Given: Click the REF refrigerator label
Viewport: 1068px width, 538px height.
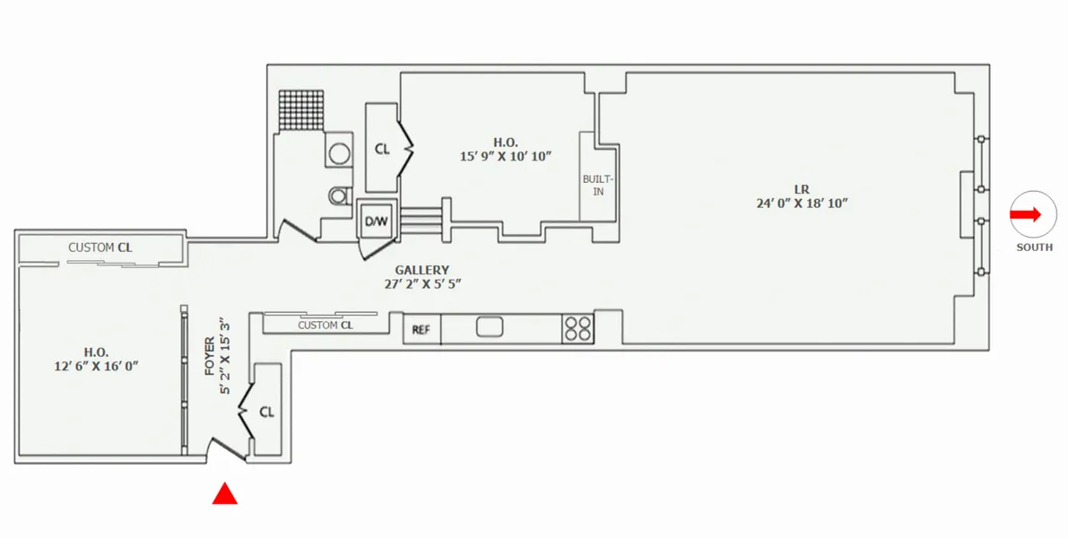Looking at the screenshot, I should coord(421,330).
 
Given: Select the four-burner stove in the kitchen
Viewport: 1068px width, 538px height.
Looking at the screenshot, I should coord(577,329).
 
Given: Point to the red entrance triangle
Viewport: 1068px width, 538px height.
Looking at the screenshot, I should coord(224,494).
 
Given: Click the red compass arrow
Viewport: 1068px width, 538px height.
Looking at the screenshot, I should coord(1025,214).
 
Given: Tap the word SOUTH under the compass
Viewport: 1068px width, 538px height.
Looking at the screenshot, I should coord(1034,247).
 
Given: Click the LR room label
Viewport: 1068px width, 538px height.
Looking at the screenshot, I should coord(801,189).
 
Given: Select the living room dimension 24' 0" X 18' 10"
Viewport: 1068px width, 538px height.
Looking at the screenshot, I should coord(802,204).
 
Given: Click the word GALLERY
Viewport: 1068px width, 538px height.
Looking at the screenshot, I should coord(421,270).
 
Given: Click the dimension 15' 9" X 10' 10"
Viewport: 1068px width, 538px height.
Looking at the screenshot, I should coord(505,156).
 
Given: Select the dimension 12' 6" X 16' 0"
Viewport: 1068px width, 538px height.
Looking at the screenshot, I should coord(97,366).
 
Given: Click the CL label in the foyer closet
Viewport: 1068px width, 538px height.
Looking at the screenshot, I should coord(266,412).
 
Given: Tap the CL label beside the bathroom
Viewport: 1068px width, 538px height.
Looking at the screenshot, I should coord(382,149).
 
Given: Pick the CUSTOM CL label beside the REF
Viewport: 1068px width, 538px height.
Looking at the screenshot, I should coord(325,325).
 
